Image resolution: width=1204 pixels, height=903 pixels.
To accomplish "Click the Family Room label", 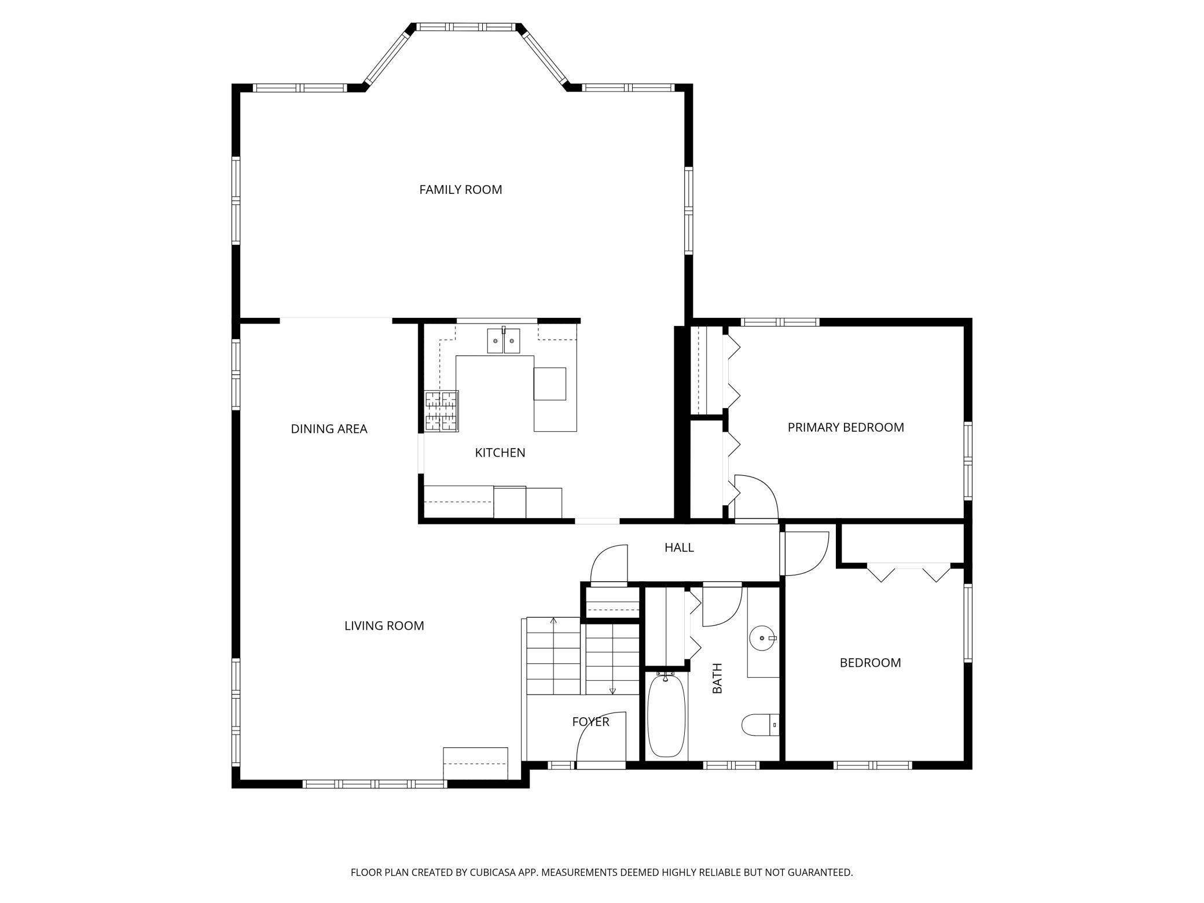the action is [460, 189].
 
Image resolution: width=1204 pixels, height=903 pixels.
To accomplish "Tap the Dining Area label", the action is [329, 429].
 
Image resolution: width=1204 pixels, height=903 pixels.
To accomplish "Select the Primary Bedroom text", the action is [846, 427].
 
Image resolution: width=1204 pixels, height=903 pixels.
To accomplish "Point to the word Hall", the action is [679, 547].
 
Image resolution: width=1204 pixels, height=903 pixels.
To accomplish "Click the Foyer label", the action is [590, 722].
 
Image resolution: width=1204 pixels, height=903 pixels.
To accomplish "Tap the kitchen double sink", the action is [504, 340].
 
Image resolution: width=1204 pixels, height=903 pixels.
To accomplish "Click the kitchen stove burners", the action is [442, 411].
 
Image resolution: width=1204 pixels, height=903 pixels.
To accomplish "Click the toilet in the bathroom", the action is [760, 724].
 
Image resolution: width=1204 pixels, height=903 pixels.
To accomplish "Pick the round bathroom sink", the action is [763, 638].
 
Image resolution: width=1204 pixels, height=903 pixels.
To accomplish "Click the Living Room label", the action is [384, 626].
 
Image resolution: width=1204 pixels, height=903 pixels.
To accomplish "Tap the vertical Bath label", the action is [717, 678].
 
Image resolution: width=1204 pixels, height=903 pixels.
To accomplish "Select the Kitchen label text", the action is [500, 453].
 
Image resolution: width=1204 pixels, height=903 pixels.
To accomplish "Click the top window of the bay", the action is [467, 27].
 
